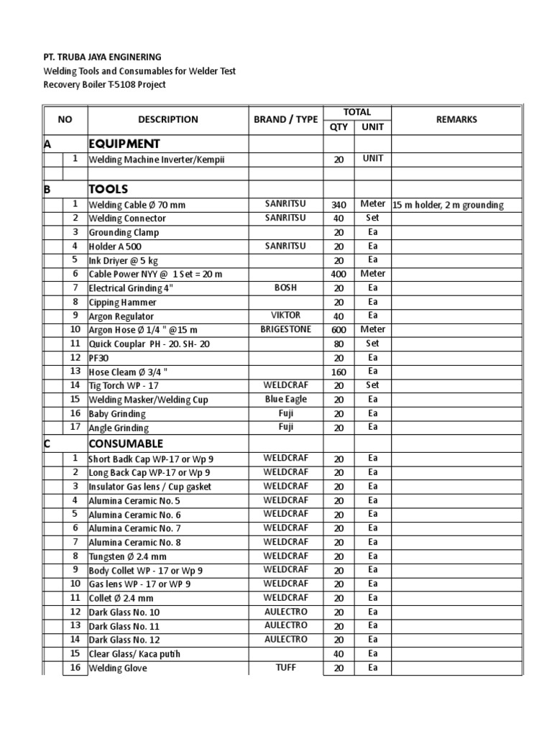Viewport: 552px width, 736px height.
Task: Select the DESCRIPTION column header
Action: [168, 120]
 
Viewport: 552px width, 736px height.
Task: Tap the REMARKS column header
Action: [456, 120]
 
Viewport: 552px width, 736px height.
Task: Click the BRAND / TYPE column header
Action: [285, 120]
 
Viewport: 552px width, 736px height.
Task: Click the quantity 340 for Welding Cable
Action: [339, 205]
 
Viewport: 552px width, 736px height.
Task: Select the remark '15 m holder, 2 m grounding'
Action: [448, 205]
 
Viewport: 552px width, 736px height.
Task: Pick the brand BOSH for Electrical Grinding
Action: [285, 287]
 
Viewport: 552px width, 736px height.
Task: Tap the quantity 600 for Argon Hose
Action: [339, 330]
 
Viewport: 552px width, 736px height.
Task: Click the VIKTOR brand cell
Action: [285, 316]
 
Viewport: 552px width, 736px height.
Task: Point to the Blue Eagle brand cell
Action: [285, 399]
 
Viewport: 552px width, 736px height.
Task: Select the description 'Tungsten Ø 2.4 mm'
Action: [127, 556]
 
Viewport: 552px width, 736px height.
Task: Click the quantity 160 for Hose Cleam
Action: [339, 372]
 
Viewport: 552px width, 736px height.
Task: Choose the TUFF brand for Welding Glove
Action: [285, 668]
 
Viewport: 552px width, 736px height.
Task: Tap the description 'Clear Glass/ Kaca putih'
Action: [134, 654]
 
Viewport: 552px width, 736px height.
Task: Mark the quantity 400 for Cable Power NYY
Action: [339, 274]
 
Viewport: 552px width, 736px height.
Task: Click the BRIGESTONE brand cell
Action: [285, 329]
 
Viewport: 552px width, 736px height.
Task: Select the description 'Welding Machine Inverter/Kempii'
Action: [156, 160]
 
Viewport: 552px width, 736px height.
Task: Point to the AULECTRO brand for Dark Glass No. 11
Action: [285, 625]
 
